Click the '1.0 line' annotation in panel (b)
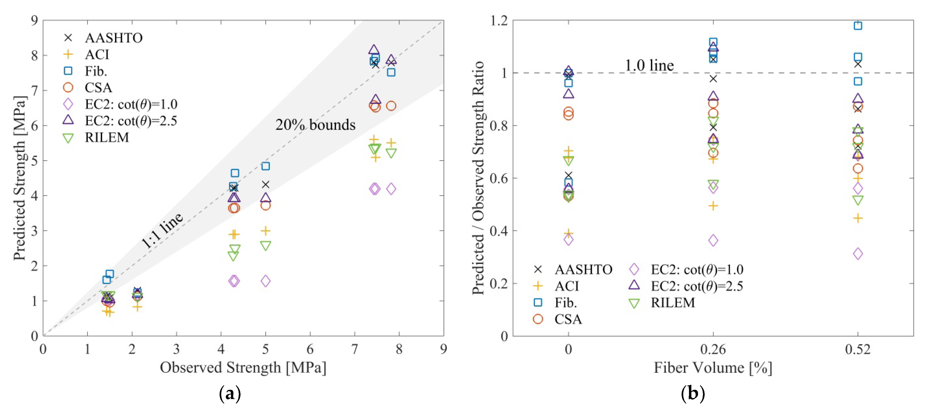[x=649, y=66]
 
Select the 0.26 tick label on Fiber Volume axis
[x=713, y=350]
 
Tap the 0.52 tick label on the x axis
[x=858, y=350]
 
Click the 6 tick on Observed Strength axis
[x=310, y=350]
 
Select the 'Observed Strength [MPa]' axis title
[x=243, y=367]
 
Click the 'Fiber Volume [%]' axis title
[x=713, y=367]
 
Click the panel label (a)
[x=230, y=394]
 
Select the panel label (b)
[x=693, y=394]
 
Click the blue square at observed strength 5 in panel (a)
[x=266, y=166]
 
